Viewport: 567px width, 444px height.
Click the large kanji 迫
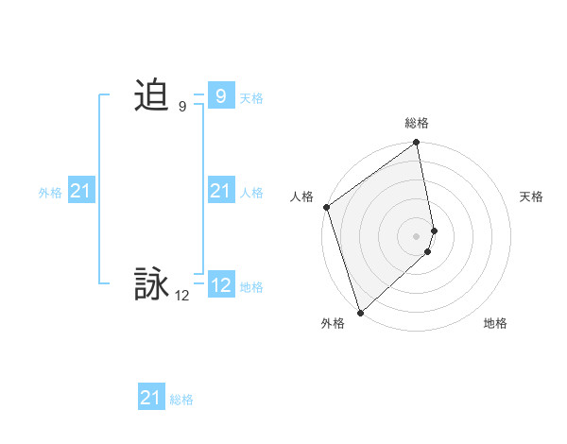point(151,95)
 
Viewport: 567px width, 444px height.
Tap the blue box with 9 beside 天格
point(220,95)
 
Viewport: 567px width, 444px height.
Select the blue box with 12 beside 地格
point(220,285)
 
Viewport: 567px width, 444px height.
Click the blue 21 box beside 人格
point(220,192)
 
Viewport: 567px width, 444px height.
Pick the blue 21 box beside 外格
point(80,192)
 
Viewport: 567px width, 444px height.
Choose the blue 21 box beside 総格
point(150,398)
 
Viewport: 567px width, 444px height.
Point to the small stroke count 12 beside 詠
point(182,296)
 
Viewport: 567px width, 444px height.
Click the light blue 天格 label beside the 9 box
point(251,98)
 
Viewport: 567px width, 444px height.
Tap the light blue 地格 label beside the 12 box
point(251,287)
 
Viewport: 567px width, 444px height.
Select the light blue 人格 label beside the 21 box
point(251,193)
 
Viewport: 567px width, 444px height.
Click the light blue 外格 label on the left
point(50,193)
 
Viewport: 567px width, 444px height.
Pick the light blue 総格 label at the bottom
point(181,400)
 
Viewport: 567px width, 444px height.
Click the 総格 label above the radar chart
point(417,124)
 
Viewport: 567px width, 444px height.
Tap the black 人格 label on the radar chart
point(302,196)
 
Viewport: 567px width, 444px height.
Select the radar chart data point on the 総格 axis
point(417,144)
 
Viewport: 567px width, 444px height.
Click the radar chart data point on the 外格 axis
point(360,312)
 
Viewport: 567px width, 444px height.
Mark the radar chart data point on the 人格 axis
point(326,207)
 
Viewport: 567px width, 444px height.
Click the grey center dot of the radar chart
point(417,235)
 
